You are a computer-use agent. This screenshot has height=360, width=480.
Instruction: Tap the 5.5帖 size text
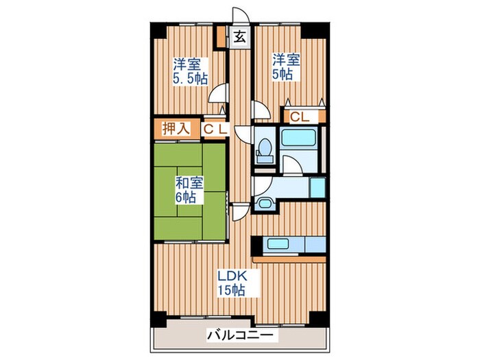[x=189, y=79]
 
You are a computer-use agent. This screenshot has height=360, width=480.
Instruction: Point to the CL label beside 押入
[x=215, y=128]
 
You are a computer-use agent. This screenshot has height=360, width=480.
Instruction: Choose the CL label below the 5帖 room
[x=300, y=117]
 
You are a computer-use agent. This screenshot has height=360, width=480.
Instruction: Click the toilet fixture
[x=263, y=150]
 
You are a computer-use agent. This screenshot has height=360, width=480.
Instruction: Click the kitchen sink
[x=279, y=243]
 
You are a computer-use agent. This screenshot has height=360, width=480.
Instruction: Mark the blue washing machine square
[x=317, y=188]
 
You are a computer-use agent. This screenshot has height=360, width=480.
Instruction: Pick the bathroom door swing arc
[x=291, y=165]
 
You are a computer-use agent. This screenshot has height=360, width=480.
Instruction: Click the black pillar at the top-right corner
[x=315, y=31]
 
